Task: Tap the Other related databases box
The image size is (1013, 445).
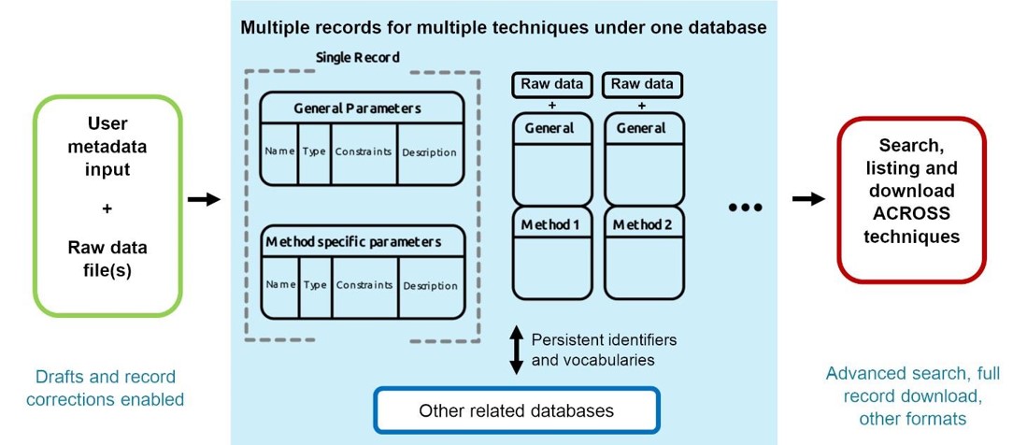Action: pyautogui.click(x=516, y=410)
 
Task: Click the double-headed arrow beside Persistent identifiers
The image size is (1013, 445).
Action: pyautogui.click(x=516, y=350)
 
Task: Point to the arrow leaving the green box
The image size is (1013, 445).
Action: pyautogui.click(x=204, y=199)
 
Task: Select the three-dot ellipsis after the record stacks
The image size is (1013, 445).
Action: pyautogui.click(x=745, y=208)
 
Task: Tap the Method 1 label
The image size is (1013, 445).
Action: pyautogui.click(x=552, y=225)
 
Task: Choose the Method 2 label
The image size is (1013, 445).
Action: pyautogui.click(x=643, y=225)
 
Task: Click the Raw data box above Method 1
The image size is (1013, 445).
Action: pyautogui.click(x=551, y=85)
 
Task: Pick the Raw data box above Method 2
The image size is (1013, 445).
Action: pyautogui.click(x=642, y=85)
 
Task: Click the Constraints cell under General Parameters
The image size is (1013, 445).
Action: pyautogui.click(x=364, y=152)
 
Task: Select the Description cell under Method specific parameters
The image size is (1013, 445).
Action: pyautogui.click(x=431, y=285)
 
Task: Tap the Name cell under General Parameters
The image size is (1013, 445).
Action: pyautogui.click(x=279, y=152)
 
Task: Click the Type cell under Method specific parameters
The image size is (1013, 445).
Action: pyautogui.click(x=315, y=285)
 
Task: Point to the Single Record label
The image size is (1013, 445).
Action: pyautogui.click(x=357, y=57)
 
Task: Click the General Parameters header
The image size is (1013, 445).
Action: pyautogui.click(x=357, y=108)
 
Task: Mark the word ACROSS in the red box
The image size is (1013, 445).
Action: pyautogui.click(x=911, y=214)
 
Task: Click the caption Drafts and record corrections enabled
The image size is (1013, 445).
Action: pyautogui.click(x=106, y=388)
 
